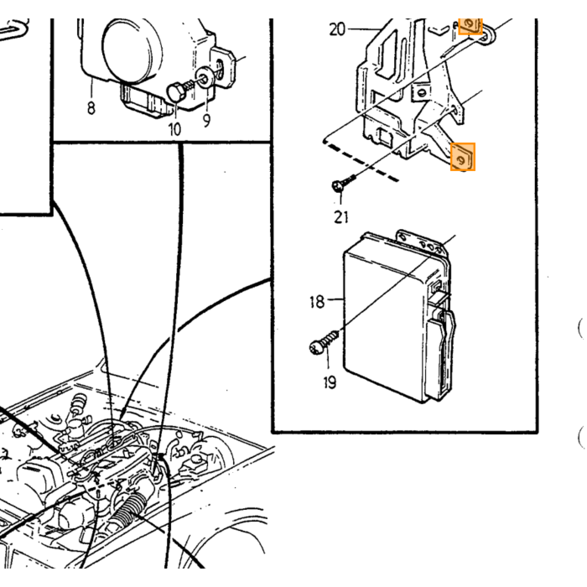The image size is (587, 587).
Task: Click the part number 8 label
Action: [91, 108]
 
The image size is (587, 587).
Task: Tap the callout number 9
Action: [206, 121]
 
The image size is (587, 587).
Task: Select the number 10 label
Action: [174, 129]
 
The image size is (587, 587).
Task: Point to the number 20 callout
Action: [337, 29]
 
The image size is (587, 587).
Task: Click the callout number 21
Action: [341, 217]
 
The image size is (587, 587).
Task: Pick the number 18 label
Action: [317, 302]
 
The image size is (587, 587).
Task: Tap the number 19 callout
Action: [330, 382]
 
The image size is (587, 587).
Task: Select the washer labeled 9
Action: [205, 79]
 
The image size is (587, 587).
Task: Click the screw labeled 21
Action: [342, 183]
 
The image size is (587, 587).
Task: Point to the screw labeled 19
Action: [324, 342]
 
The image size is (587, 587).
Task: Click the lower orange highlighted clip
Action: [463, 157]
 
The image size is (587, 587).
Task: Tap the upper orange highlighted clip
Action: [470, 25]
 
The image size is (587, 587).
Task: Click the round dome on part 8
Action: [132, 50]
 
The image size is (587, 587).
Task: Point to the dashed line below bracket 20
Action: [361, 161]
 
